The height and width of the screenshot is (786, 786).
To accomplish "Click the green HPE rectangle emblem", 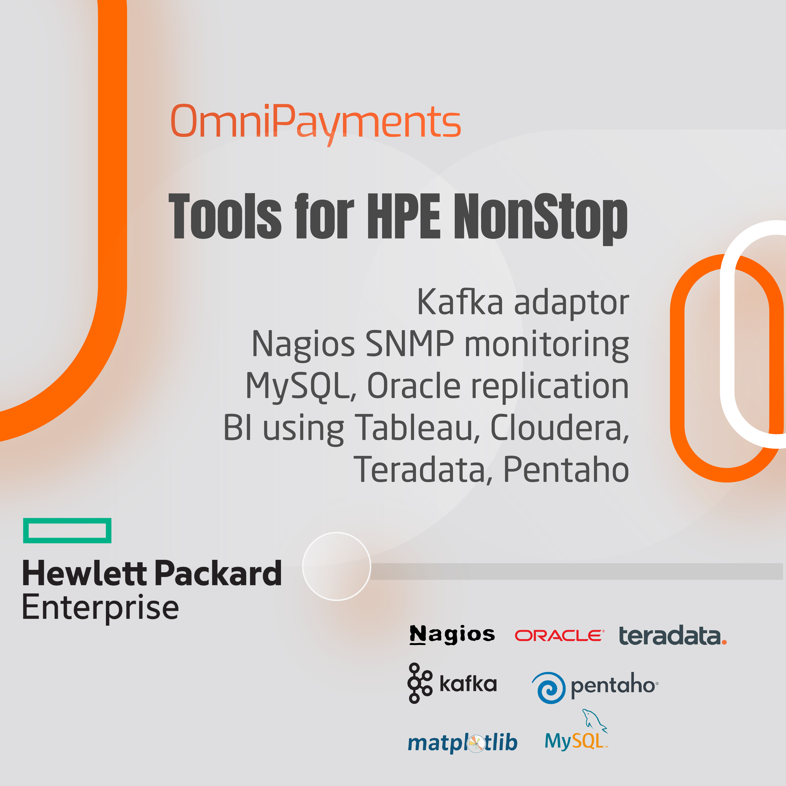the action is [x=67, y=530].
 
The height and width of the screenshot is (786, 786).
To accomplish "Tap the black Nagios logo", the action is [x=452, y=635].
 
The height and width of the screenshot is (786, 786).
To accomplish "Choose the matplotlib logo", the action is [x=463, y=743].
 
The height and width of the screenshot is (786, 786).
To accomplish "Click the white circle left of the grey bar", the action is [x=337, y=566].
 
